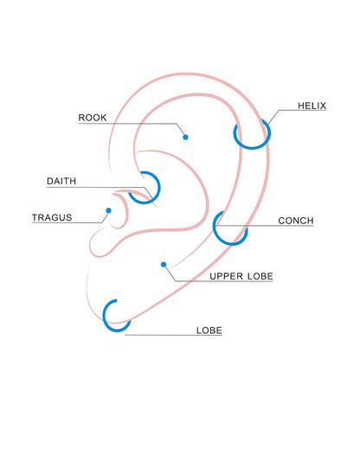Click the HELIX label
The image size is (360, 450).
312,106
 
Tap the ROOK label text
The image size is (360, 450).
93,118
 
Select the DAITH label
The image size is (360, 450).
61,181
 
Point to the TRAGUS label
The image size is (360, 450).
52,217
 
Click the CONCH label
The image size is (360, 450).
296,221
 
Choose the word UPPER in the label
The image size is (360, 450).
226,276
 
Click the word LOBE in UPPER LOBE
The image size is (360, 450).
260,276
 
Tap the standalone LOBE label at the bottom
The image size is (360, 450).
209,331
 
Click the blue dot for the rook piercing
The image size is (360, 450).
185,138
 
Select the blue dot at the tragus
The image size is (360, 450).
108,210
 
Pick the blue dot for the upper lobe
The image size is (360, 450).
164,265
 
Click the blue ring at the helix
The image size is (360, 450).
252,148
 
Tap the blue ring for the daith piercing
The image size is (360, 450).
159,188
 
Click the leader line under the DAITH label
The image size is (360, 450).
98,188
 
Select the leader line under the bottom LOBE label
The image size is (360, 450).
173,335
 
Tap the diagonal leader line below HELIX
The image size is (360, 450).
273,117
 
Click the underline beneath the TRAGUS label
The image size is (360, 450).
67,222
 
